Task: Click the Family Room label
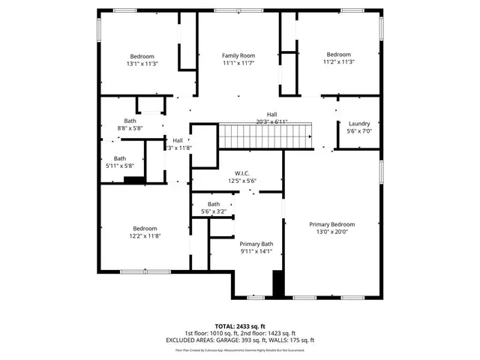click(x=238, y=55)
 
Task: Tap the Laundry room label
click(x=359, y=124)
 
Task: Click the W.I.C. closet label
click(x=242, y=173)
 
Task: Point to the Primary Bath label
click(x=256, y=244)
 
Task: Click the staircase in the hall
click(x=265, y=137)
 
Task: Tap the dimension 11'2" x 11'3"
click(x=338, y=62)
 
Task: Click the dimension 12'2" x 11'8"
click(x=145, y=236)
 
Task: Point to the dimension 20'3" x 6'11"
click(x=260, y=121)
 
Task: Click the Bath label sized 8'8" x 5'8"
click(x=130, y=121)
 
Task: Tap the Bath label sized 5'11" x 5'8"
click(x=120, y=158)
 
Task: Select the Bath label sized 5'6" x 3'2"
click(x=214, y=204)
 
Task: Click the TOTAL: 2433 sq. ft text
click(x=240, y=326)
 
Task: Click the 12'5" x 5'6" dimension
click(x=242, y=181)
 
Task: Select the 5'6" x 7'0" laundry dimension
click(x=359, y=131)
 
